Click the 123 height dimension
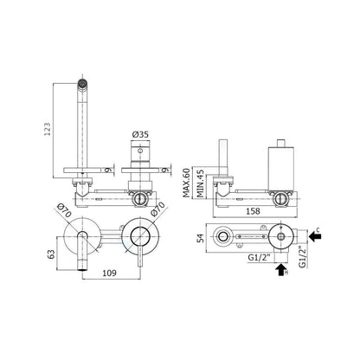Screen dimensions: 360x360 tap(48, 129)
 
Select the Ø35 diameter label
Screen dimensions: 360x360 tap(140, 134)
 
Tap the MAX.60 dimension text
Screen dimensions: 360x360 tap(187, 183)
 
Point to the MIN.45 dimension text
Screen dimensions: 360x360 tap(200, 183)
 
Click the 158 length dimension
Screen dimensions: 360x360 tap(253, 211)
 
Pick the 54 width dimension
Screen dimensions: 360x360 tap(201, 238)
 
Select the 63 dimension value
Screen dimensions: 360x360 tap(51, 254)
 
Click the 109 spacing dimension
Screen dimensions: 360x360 tap(109, 273)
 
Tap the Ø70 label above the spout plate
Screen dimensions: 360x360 tap(64, 210)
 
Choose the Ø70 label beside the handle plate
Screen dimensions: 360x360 tap(157, 209)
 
